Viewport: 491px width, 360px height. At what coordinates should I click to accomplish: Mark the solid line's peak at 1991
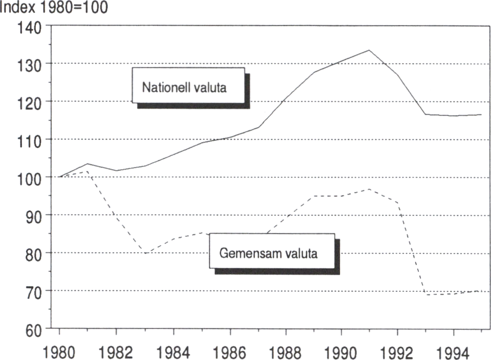tap(369, 50)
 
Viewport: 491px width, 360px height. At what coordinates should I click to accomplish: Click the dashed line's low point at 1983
tap(144, 253)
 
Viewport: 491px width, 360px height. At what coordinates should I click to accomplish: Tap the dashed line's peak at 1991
tap(369, 189)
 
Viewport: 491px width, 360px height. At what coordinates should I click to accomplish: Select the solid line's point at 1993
tap(425, 114)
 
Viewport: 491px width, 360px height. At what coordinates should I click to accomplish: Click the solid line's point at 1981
tap(87, 164)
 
